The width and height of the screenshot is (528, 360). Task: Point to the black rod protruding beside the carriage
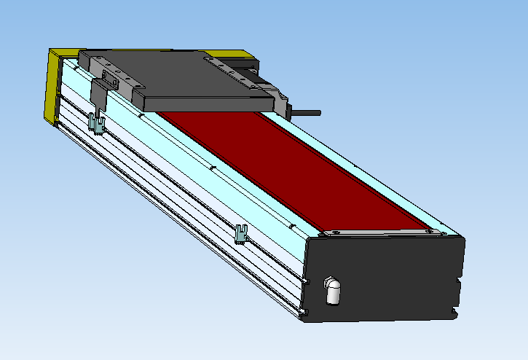(306, 113)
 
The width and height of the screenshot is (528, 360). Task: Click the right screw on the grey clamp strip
(439, 232)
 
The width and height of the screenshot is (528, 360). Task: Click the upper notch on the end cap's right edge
(460, 278)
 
